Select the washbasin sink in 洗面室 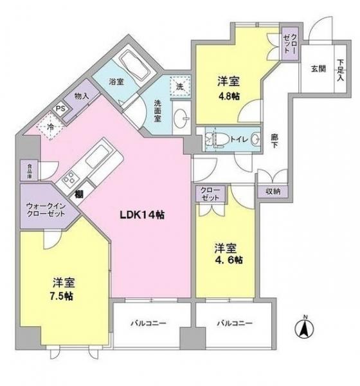click(181, 118)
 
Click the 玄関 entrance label click(319, 68)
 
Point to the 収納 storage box click(274, 190)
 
